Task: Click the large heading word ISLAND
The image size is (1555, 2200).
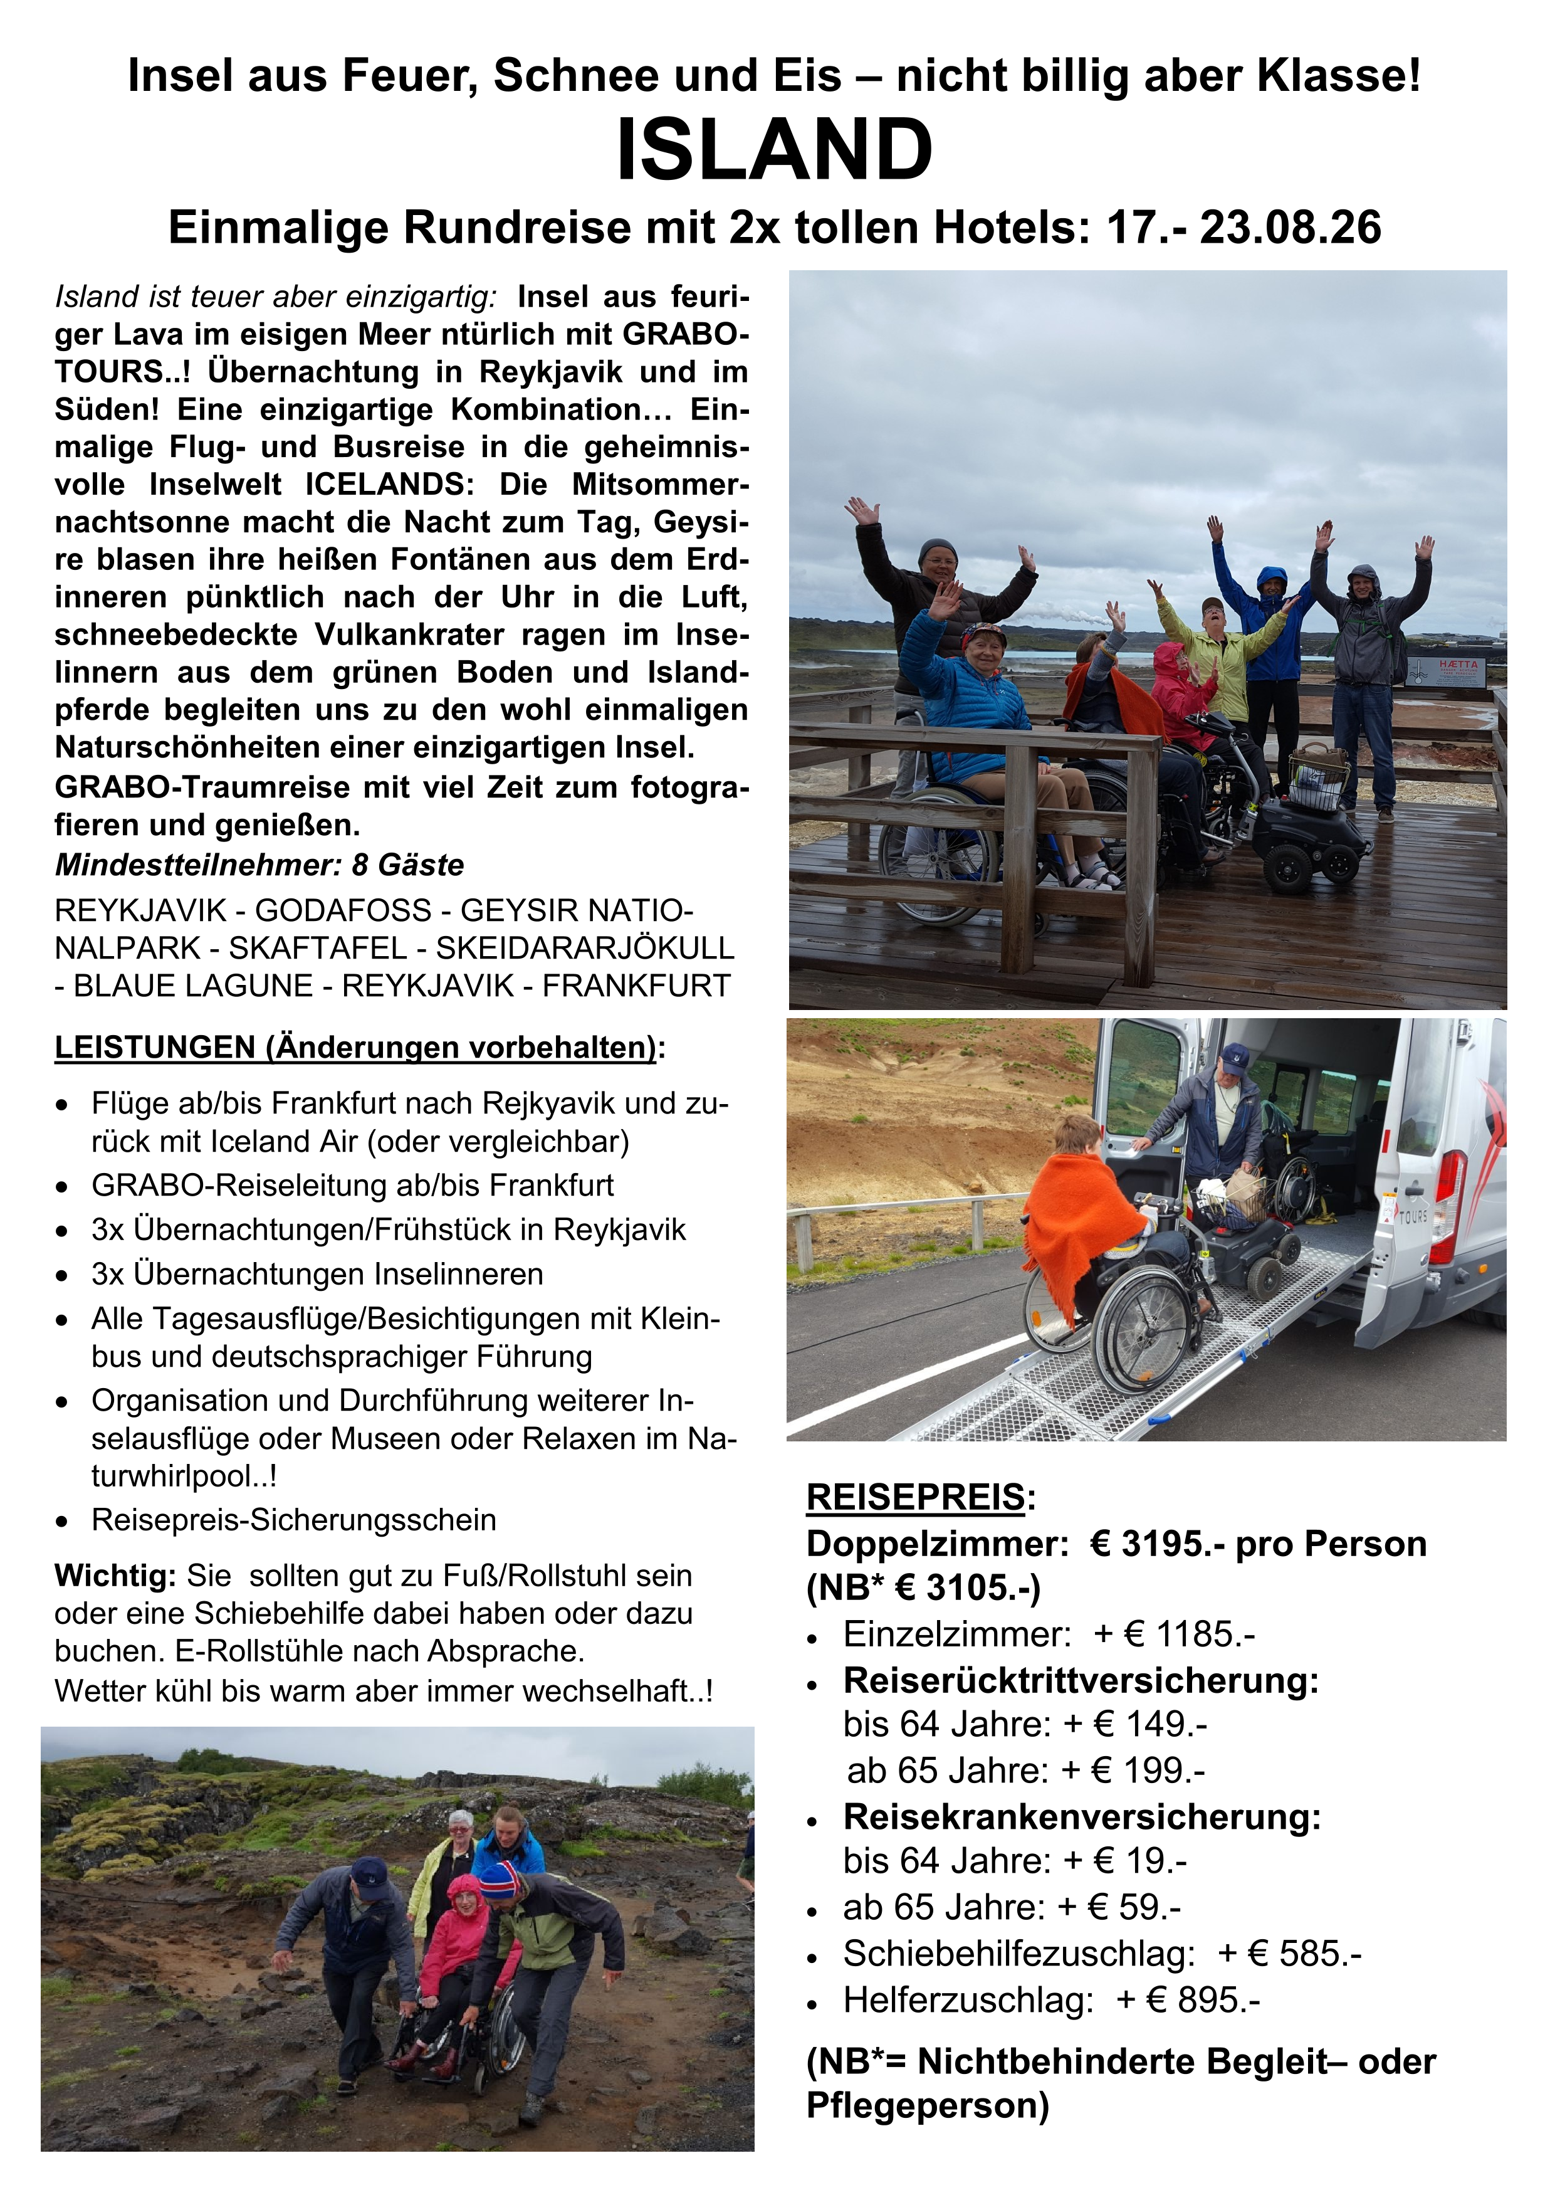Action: coord(774,150)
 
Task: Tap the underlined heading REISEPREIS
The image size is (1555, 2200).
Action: coord(915,1496)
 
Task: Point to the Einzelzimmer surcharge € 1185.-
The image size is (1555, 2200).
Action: coord(1188,1634)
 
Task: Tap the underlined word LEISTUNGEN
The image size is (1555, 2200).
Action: coord(154,1047)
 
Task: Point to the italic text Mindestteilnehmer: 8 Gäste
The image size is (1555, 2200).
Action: coord(259,865)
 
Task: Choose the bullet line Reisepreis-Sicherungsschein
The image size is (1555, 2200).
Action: coord(293,1520)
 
